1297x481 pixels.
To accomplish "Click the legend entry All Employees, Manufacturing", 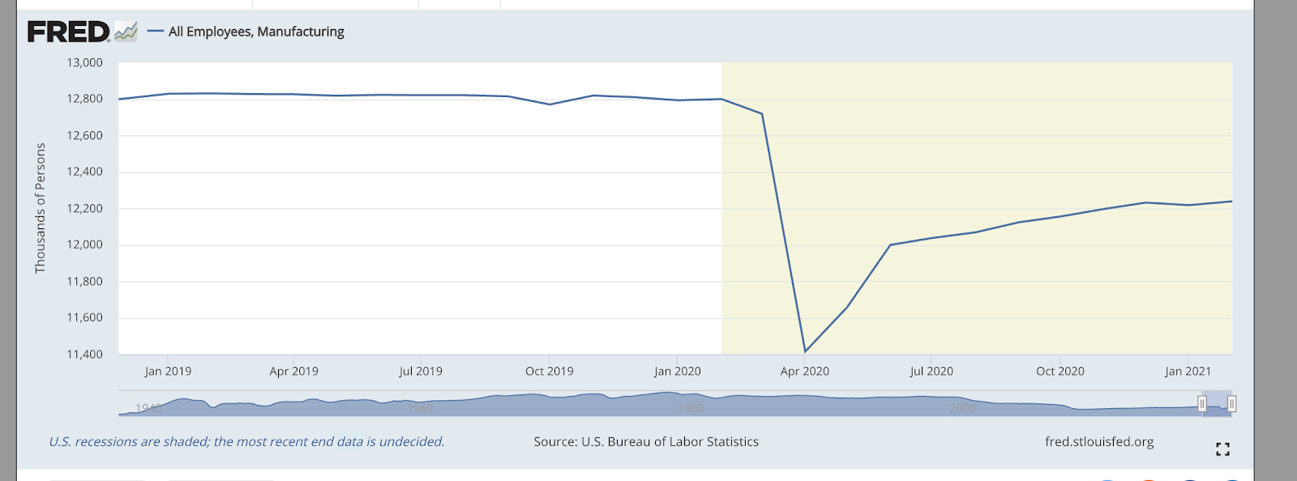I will coord(256,32).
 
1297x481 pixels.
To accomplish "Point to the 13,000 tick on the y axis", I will coord(84,62).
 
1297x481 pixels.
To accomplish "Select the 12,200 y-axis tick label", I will coord(84,208).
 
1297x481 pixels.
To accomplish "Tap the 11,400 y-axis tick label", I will coord(84,354).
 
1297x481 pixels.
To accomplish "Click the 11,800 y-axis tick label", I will coord(84,281).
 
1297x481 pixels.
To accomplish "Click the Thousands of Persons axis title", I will coord(40,208).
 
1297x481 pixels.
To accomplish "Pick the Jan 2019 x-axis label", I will coord(168,371).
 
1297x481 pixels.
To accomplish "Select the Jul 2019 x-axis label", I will coord(421,371).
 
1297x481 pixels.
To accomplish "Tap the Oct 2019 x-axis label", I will coord(549,371).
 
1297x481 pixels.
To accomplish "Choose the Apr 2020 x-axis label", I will coord(804,371).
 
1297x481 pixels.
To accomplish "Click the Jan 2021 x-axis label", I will coord(1188,371).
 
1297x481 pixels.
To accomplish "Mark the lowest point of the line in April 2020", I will coord(804,351).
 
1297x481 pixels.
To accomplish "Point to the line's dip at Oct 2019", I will coord(550,104).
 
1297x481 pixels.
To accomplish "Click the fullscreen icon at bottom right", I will coord(1222,449).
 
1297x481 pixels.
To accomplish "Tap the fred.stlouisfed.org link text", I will coord(1099,441).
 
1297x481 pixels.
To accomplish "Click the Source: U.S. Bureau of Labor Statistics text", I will coord(646,441).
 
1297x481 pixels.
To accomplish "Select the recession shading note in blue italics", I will coord(246,441).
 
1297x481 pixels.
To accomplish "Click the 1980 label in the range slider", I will coord(691,408).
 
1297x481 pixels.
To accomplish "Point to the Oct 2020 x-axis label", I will coord(1059,371).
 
